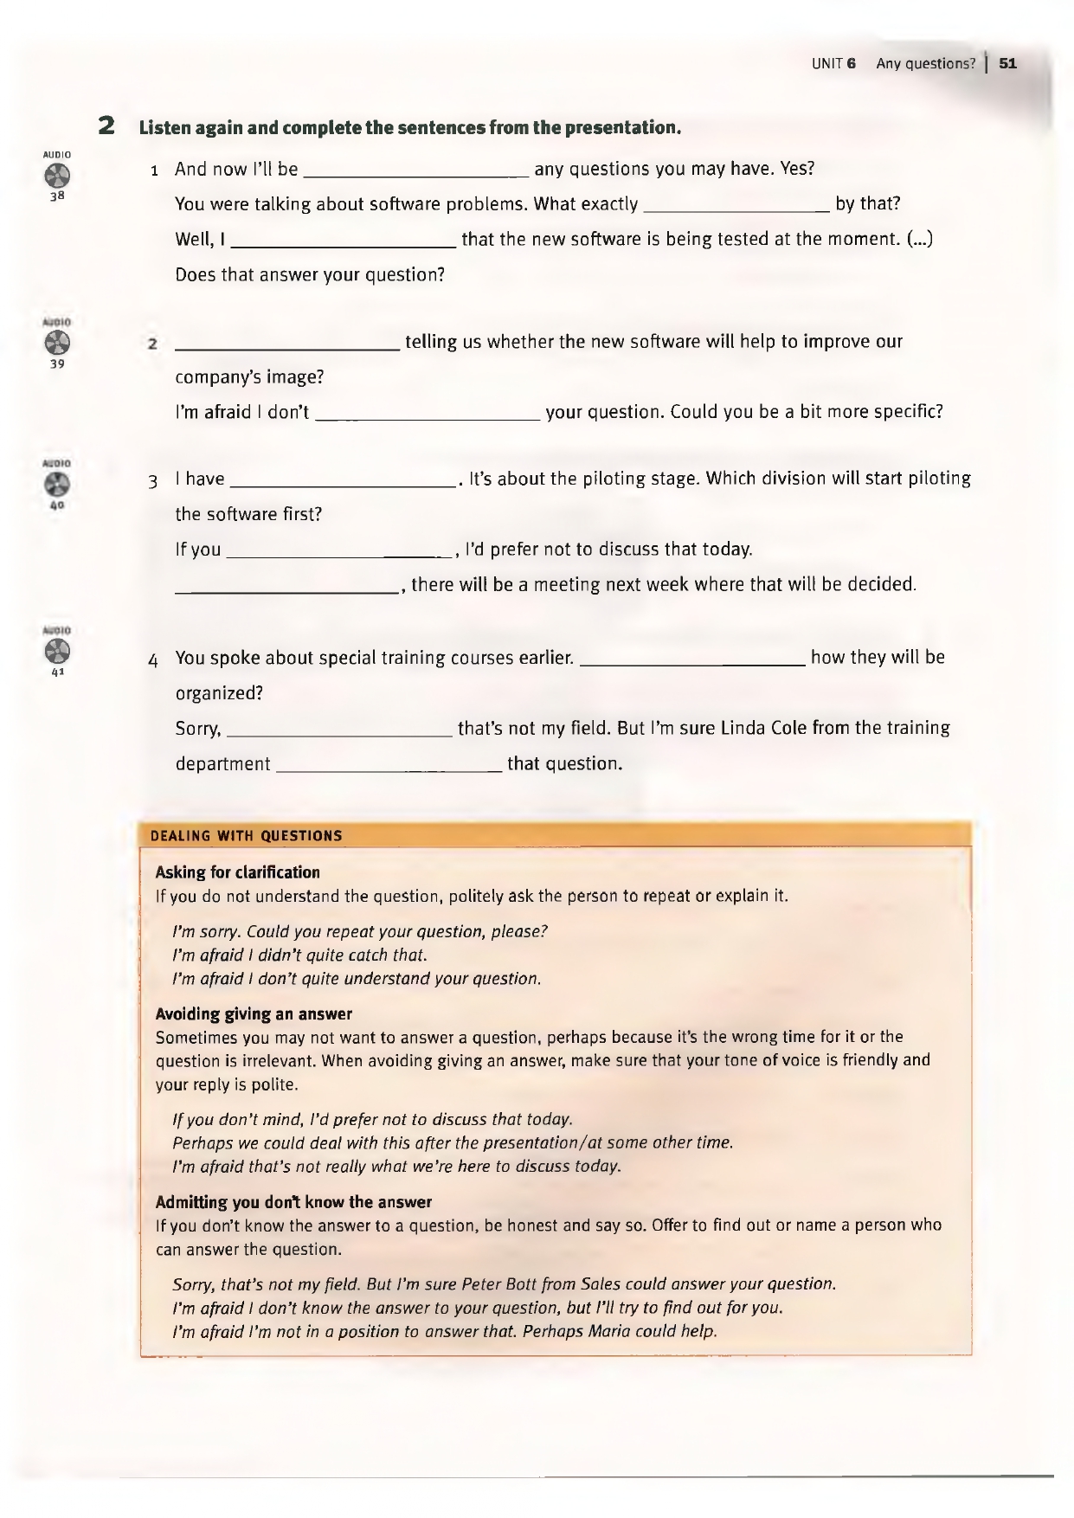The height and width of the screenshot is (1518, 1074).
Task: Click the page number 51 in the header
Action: click(x=1007, y=63)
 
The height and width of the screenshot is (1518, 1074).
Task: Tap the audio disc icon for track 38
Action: click(x=56, y=176)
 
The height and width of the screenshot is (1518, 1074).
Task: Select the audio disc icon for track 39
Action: click(x=56, y=343)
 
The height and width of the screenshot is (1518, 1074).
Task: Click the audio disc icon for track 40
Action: click(x=56, y=485)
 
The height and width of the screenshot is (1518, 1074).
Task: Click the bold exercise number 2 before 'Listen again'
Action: click(x=106, y=127)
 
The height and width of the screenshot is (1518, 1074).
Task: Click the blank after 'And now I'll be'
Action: click(x=418, y=171)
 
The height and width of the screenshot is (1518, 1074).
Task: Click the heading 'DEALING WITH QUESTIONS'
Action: click(x=247, y=836)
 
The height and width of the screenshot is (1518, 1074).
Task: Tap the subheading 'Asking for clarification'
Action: click(x=238, y=872)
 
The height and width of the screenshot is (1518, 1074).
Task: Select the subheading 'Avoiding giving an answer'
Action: click(x=254, y=1013)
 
